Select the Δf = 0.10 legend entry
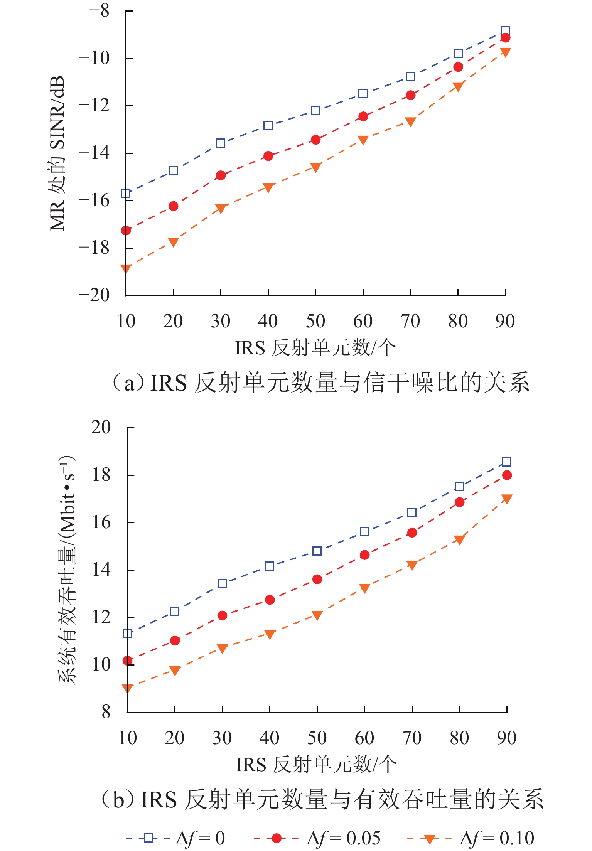pos(471,838)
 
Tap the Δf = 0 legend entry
pos(176,838)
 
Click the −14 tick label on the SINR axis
pos(94,153)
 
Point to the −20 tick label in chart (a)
pos(94,295)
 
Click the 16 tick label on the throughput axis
pos(101,522)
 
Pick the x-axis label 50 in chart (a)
pos(315,321)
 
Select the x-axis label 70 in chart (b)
pos(412,738)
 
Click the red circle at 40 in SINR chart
pos(268,156)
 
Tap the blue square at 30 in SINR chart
pos(221,143)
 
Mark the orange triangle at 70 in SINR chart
pos(410,122)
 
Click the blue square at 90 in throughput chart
pos(507,462)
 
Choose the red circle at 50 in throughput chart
pos(317,579)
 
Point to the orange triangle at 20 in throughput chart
pos(175,671)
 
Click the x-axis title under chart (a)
pos(315,348)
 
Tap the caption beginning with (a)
pos(320,383)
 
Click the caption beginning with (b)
pos(322,799)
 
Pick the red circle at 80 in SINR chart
pos(458,67)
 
